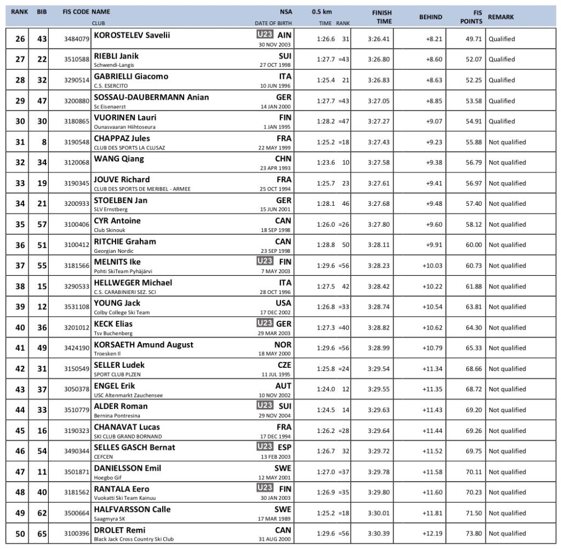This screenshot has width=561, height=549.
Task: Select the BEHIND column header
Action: [x=431, y=17]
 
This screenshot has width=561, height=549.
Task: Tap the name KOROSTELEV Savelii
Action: [x=132, y=35]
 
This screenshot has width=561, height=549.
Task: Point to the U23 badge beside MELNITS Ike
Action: [x=265, y=262]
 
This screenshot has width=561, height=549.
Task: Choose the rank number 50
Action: [x=20, y=534]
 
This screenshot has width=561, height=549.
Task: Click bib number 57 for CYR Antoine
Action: [x=42, y=225]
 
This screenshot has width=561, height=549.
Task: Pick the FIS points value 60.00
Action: [x=474, y=245]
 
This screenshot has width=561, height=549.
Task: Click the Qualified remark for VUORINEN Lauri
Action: [x=502, y=122]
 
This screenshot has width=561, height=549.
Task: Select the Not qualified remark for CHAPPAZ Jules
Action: [x=507, y=142]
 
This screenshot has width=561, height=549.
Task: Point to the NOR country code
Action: [x=283, y=344]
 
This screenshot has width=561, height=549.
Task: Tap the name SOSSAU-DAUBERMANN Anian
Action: [x=152, y=97]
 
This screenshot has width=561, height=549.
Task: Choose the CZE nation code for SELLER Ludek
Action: [x=284, y=365]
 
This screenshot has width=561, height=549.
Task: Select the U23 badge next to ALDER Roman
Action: [x=265, y=406]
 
